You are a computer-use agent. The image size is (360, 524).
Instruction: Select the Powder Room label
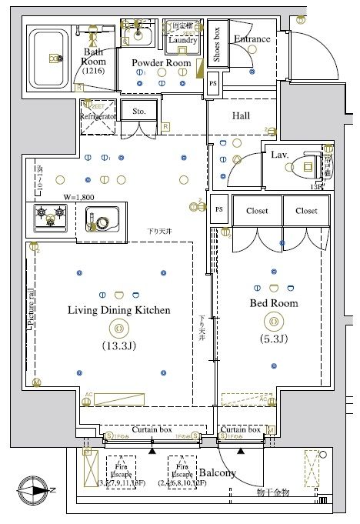coord(161,63)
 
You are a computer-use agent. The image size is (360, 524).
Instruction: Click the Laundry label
coord(182,39)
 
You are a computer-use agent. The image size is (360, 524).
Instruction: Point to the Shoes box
coord(217,45)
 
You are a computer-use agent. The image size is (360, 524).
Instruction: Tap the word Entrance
coord(252,39)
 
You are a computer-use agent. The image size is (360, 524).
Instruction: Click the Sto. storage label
coord(138,111)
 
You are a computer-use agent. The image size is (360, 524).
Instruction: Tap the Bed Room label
coord(273,303)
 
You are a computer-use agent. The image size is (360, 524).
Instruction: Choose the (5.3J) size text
coord(273,339)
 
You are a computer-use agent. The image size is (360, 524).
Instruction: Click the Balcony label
coord(217,472)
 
